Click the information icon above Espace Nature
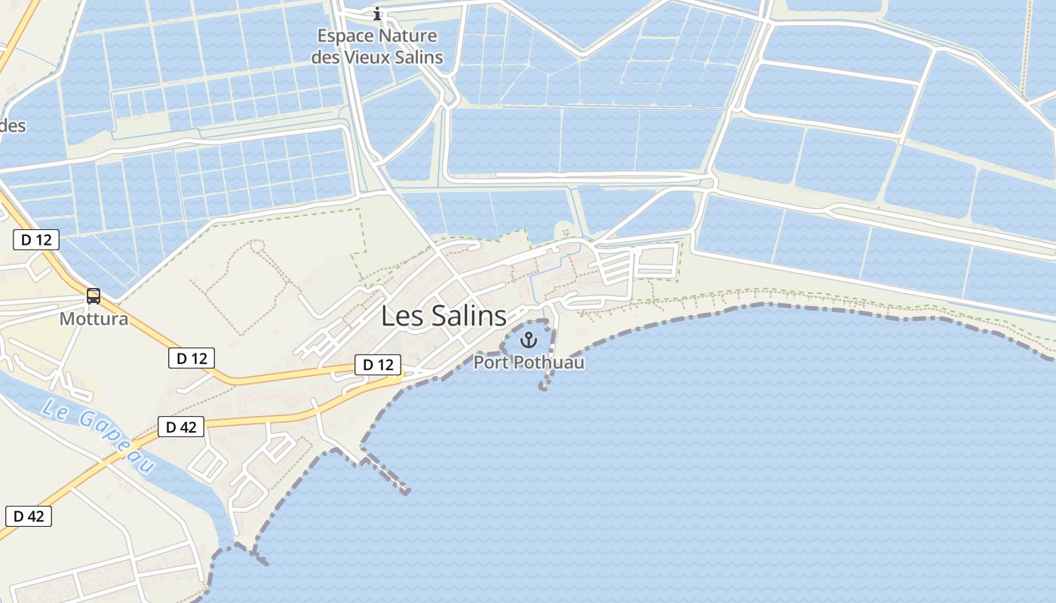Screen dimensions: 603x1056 (x=377, y=14)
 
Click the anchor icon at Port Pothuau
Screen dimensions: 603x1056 (x=528, y=340)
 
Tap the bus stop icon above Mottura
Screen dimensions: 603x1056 (x=94, y=296)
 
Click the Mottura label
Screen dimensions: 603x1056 (x=94, y=319)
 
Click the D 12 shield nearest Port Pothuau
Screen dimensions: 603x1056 (x=378, y=365)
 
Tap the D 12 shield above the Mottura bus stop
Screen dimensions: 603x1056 (x=36, y=240)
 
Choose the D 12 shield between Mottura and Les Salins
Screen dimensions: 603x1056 (x=192, y=358)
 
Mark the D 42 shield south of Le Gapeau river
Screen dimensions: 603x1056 (x=29, y=516)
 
